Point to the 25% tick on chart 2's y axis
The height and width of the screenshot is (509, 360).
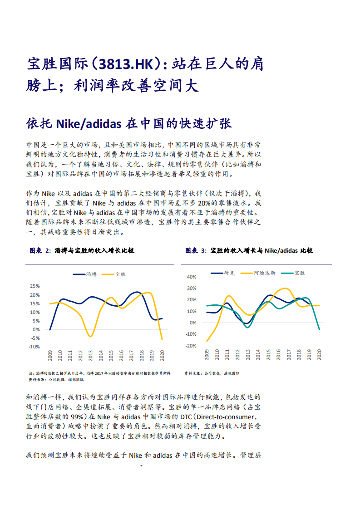pyautogui.click(x=35, y=286)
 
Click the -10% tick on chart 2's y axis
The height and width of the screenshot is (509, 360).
pyautogui.click(x=35, y=347)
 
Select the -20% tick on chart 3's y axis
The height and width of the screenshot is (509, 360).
pyautogui.click(x=191, y=346)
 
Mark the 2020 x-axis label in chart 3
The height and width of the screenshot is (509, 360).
pyautogui.click(x=319, y=355)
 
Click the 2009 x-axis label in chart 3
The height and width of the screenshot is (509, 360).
pyautogui.click(x=207, y=355)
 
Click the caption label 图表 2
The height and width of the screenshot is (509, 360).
pyautogui.click(x=39, y=250)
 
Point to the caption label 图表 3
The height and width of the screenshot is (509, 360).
pyautogui.click(x=196, y=250)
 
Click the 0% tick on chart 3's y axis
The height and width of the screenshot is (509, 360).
pyautogui.click(x=192, y=323)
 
